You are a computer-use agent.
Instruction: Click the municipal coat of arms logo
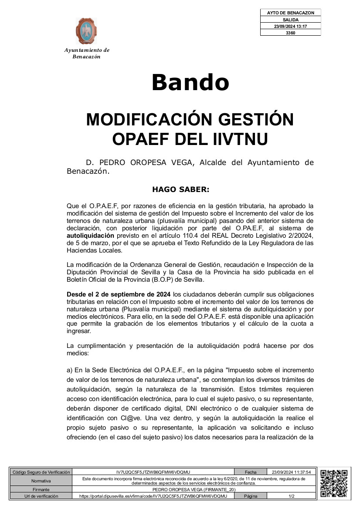coord(86,31)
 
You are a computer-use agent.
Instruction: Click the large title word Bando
coord(190,82)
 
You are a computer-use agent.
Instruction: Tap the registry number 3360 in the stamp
coord(290,33)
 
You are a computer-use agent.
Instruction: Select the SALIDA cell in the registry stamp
coord(290,20)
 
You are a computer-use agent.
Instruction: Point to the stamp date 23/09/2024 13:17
coord(290,26)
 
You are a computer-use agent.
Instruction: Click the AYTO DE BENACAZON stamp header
coord(290,13)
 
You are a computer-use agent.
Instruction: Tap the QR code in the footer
coord(333,483)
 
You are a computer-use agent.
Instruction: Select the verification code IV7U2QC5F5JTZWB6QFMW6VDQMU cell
coord(153,472)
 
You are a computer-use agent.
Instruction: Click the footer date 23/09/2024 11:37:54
coord(291,472)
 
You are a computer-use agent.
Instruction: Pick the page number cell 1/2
coord(291,496)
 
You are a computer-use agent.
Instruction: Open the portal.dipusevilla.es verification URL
coord(153,496)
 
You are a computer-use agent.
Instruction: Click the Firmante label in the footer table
coord(41,489)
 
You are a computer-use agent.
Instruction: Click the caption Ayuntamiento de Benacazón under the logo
coord(86,53)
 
